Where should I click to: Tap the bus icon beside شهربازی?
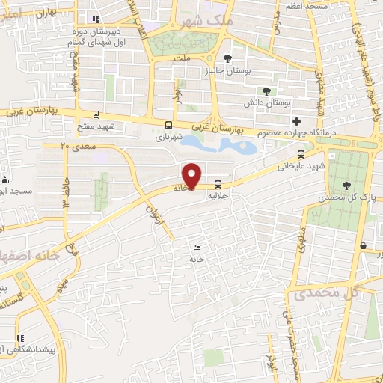[169, 126]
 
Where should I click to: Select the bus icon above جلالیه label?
[218, 184]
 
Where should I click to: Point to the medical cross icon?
[296, 121]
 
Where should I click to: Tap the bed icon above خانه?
[197, 248]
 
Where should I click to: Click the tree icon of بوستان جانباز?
[228, 58]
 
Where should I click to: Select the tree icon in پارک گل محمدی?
[346, 185]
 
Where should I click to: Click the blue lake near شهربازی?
[217, 144]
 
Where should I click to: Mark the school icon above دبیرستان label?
[94, 20]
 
